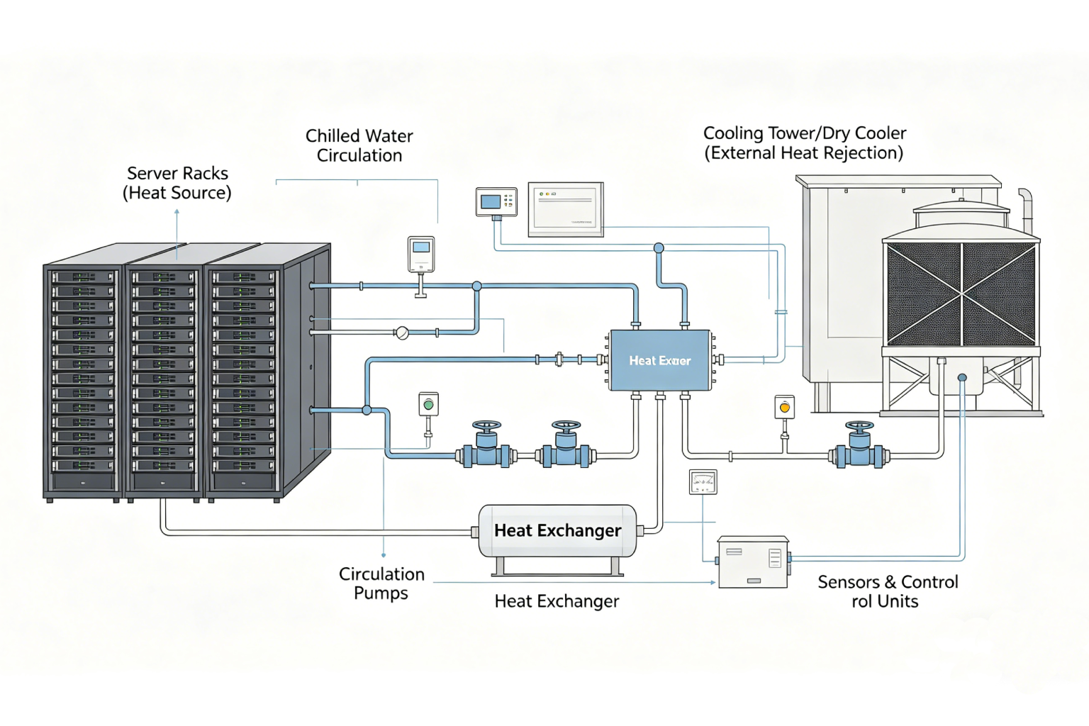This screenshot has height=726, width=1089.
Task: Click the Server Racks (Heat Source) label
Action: click(177, 183)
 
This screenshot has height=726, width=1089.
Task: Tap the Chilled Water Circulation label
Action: click(359, 145)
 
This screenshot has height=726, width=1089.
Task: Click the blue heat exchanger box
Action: click(660, 360)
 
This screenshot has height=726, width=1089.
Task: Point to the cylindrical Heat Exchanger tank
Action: click(557, 531)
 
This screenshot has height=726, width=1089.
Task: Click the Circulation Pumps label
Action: click(381, 583)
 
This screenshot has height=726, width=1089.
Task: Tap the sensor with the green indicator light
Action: click(428, 405)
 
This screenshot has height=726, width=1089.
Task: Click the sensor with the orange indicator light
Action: click(784, 408)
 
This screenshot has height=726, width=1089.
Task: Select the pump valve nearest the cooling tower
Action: click(859, 447)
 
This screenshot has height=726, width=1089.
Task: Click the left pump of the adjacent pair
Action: click(486, 447)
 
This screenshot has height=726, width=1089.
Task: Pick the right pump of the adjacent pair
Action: click(566, 447)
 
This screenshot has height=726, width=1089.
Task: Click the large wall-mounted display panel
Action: click(566, 209)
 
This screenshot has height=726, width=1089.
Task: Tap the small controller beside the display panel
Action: click(496, 202)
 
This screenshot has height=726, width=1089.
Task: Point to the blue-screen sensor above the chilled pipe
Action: click(421, 255)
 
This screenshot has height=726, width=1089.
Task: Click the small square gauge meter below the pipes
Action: click(703, 482)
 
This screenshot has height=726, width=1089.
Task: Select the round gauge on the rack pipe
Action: click(402, 333)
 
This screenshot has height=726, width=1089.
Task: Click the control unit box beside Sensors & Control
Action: click(753, 562)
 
